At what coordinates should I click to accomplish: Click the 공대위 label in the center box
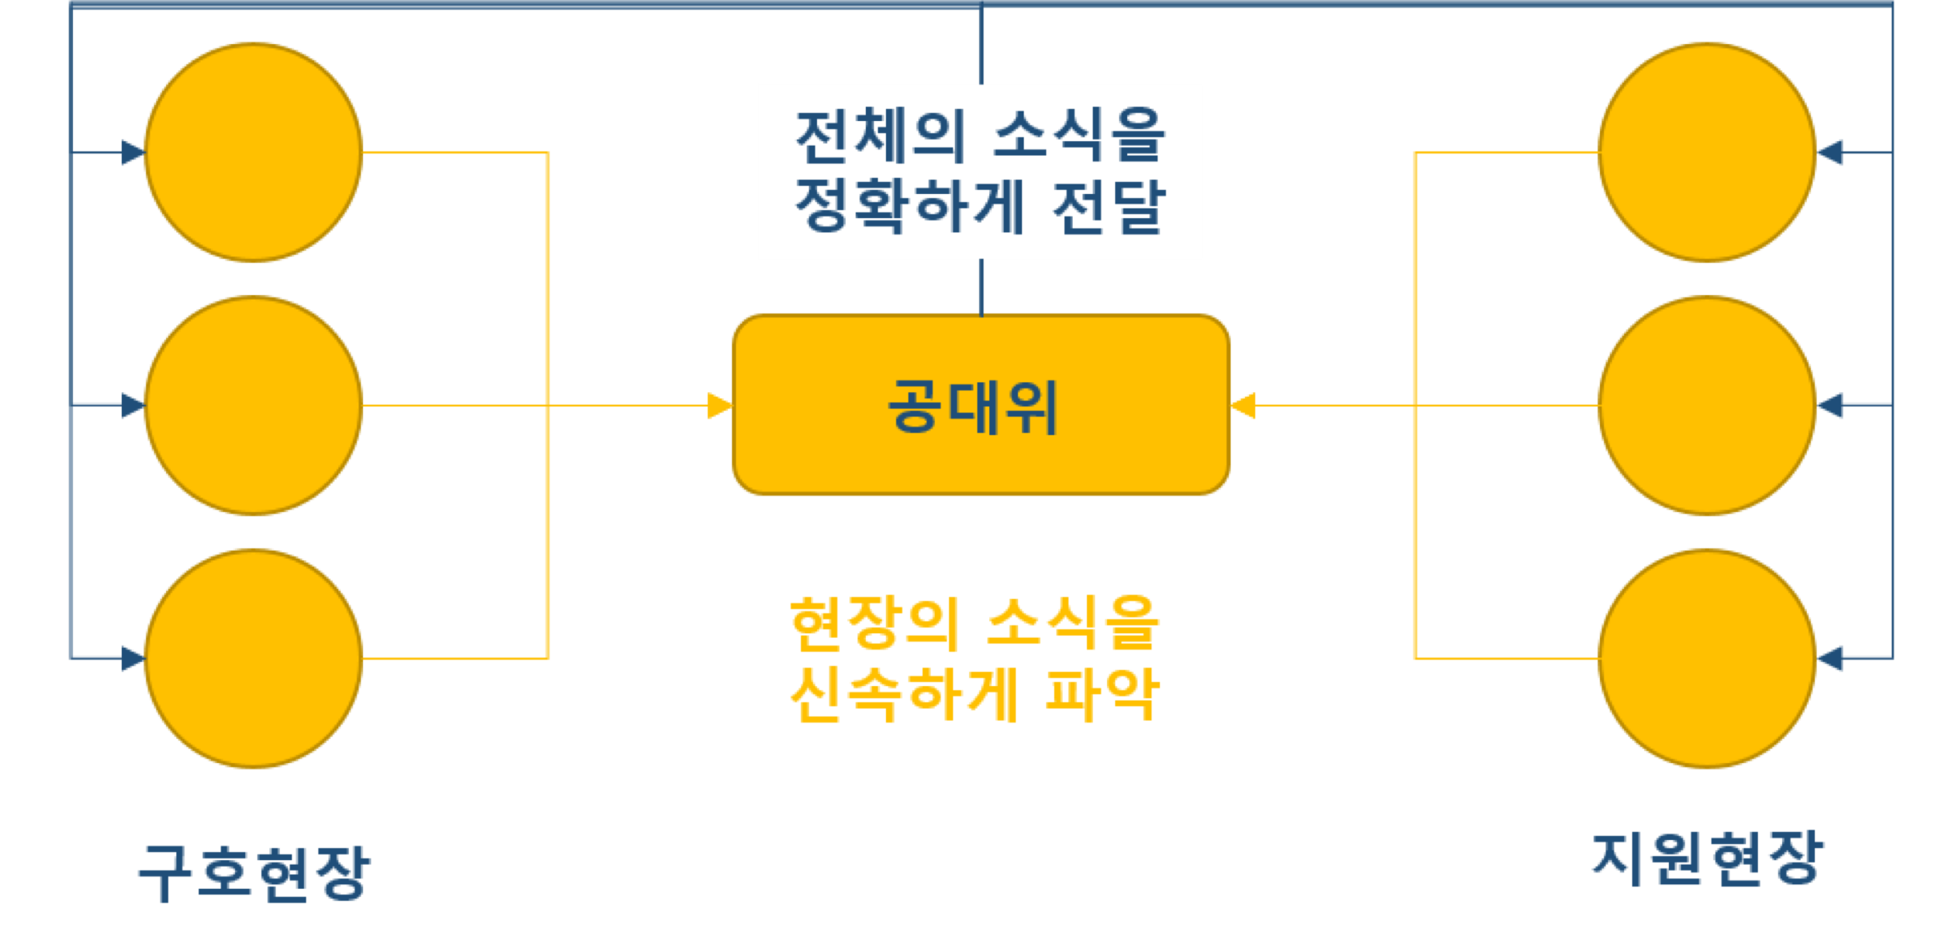[x=972, y=407]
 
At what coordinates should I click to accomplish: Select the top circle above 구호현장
[x=253, y=152]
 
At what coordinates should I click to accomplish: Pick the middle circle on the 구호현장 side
[x=253, y=406]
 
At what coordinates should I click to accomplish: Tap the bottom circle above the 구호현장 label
[x=253, y=659]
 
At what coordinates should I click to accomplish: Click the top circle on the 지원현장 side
[x=1707, y=152]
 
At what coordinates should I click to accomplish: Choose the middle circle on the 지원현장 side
[x=1707, y=406]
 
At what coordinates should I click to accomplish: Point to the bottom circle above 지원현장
[x=1707, y=659]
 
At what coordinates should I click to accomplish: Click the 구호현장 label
[x=253, y=873]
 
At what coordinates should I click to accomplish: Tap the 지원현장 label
[x=1707, y=859]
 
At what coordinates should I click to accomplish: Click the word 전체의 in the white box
[x=879, y=135]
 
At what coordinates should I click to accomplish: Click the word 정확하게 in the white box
[x=909, y=206]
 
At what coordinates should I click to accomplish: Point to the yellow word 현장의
[x=874, y=623]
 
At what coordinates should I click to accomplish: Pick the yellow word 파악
[x=1101, y=694]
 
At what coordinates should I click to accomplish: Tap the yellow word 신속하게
[x=903, y=694]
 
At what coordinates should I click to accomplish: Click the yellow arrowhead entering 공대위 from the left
[x=719, y=406]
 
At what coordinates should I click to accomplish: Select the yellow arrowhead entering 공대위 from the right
[x=1243, y=406]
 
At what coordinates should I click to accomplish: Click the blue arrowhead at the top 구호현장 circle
[x=132, y=152]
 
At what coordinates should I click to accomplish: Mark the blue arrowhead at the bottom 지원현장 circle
[x=1830, y=659]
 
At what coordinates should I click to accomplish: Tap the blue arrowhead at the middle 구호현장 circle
[x=132, y=406]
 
